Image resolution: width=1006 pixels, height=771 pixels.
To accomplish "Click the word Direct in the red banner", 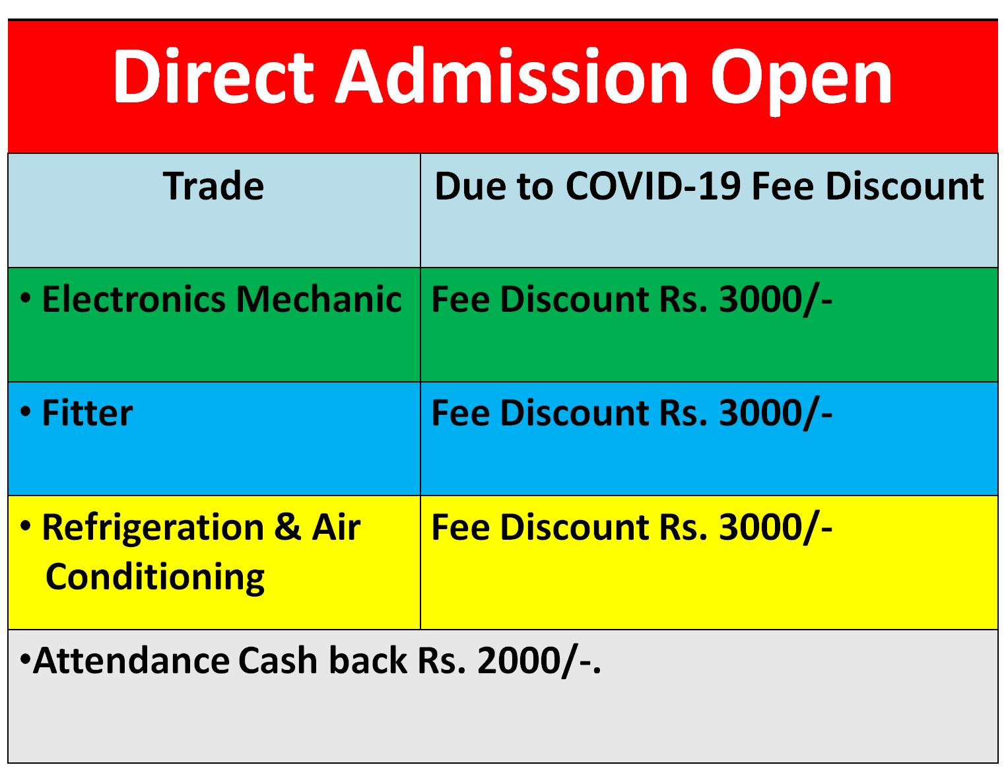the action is [213, 75].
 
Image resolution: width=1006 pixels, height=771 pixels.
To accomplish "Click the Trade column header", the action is [213, 186].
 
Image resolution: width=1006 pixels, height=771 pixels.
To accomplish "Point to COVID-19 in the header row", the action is [653, 186].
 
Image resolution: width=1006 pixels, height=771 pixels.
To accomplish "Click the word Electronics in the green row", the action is [134, 299].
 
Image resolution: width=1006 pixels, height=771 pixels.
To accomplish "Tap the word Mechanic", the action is [319, 299].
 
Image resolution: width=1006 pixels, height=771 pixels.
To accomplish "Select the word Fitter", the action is [87, 412].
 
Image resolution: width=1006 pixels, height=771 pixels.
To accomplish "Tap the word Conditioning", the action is [155, 577].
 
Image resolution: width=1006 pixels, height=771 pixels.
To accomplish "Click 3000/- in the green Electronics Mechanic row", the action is [776, 300].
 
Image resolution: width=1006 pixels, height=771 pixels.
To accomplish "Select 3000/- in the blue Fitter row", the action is [776, 414].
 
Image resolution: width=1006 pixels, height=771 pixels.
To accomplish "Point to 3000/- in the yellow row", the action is [776, 528].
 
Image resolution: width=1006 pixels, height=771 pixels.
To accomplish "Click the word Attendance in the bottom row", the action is [131, 660].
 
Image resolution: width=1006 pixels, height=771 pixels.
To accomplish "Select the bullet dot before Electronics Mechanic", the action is [26, 297].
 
